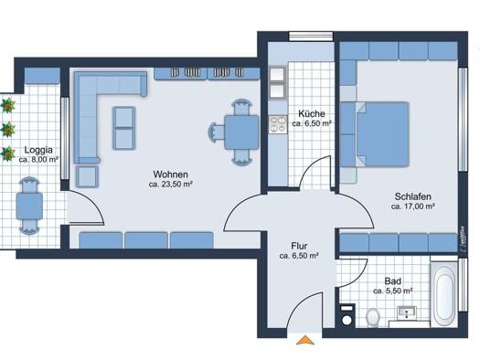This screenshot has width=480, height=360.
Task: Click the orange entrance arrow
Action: point(305,340)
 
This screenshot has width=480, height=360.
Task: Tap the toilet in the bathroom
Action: point(373,317)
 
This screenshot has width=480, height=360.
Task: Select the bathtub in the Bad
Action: point(443,294)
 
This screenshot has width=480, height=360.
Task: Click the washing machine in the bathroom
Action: point(347,315)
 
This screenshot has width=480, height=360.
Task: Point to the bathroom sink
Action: point(407,312)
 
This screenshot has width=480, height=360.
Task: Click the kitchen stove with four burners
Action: point(278,124)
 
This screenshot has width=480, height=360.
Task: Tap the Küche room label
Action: point(312,114)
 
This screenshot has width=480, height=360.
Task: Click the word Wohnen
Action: point(170,175)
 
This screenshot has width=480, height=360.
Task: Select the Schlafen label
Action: point(412,196)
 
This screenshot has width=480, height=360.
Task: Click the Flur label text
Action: point(299,246)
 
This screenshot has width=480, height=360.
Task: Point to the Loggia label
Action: point(38,150)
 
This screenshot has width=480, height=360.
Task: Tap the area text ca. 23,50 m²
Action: point(170,185)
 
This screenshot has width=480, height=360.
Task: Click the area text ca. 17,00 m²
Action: point(413,206)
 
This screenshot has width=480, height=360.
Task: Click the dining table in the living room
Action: point(241,132)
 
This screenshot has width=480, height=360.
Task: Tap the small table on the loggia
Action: point(29,206)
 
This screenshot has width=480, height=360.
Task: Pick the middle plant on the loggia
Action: point(7,129)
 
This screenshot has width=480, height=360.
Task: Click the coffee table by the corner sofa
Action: point(124,128)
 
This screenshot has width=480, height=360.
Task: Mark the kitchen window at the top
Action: point(311,37)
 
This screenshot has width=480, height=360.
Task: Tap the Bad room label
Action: point(393,281)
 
